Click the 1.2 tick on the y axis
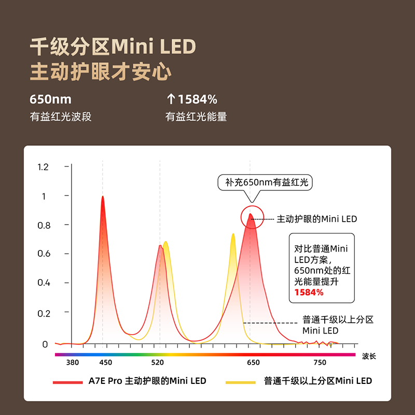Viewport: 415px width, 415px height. click(x=43, y=167)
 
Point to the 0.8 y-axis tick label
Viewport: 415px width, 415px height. click(x=43, y=225)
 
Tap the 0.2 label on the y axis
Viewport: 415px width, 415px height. click(x=43, y=313)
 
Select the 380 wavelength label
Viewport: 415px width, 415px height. click(x=73, y=363)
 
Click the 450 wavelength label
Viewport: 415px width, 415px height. click(x=106, y=363)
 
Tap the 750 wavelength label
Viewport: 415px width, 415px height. click(x=320, y=363)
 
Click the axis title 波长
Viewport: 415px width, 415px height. click(x=369, y=356)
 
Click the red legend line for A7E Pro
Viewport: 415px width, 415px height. click(x=68, y=382)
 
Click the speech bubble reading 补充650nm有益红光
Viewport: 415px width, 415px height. click(x=267, y=183)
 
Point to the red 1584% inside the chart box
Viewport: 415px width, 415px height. click(x=309, y=293)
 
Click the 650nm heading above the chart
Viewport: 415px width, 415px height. click(x=50, y=99)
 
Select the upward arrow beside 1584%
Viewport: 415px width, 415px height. click(x=170, y=99)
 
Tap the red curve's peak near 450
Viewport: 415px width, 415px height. click(x=103, y=198)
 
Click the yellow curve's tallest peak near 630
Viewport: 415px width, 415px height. click(x=233, y=236)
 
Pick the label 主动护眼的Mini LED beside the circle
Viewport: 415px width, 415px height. click(x=317, y=219)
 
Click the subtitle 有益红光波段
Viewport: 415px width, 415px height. click(x=61, y=117)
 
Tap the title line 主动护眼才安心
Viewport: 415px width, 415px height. click(x=101, y=72)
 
